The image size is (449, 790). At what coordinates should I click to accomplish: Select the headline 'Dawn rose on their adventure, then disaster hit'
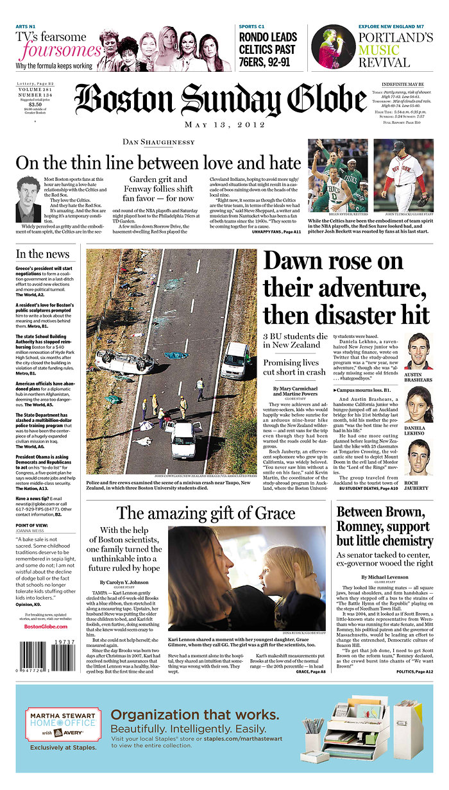point(346,288)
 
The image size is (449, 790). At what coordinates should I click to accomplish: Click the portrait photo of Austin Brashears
point(418,351)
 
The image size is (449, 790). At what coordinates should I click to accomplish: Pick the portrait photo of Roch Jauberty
point(418,457)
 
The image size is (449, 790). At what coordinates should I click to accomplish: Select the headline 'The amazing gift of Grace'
point(205,513)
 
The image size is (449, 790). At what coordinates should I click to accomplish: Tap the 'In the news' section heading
point(43,255)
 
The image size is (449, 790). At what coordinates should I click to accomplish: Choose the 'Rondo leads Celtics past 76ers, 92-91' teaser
point(267,49)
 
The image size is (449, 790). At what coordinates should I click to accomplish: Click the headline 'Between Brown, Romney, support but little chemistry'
point(384,526)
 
